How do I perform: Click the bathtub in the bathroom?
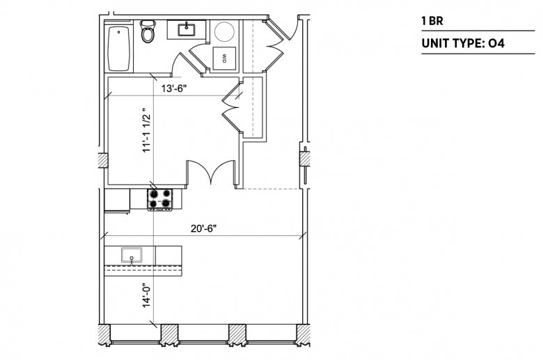pos(119,49)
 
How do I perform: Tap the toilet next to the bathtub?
pos(148,31)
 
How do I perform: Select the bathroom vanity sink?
pos(187,29)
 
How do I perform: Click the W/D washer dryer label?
pos(224,58)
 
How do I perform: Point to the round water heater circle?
pos(224,31)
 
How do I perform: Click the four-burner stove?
pos(159,200)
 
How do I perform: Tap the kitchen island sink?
pos(132,256)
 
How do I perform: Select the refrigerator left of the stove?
pos(118,201)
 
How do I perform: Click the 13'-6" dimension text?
pos(174,88)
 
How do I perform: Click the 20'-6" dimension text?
pos(203,228)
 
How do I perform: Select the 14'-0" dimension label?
pos(147,296)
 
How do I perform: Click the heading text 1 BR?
pos(432,21)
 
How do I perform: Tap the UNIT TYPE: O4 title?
pos(463,44)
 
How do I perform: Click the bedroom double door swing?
pos(211,172)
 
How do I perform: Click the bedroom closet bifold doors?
pos(231,107)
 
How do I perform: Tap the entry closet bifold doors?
pos(274,45)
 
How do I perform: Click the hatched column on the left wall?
pos(103,161)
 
